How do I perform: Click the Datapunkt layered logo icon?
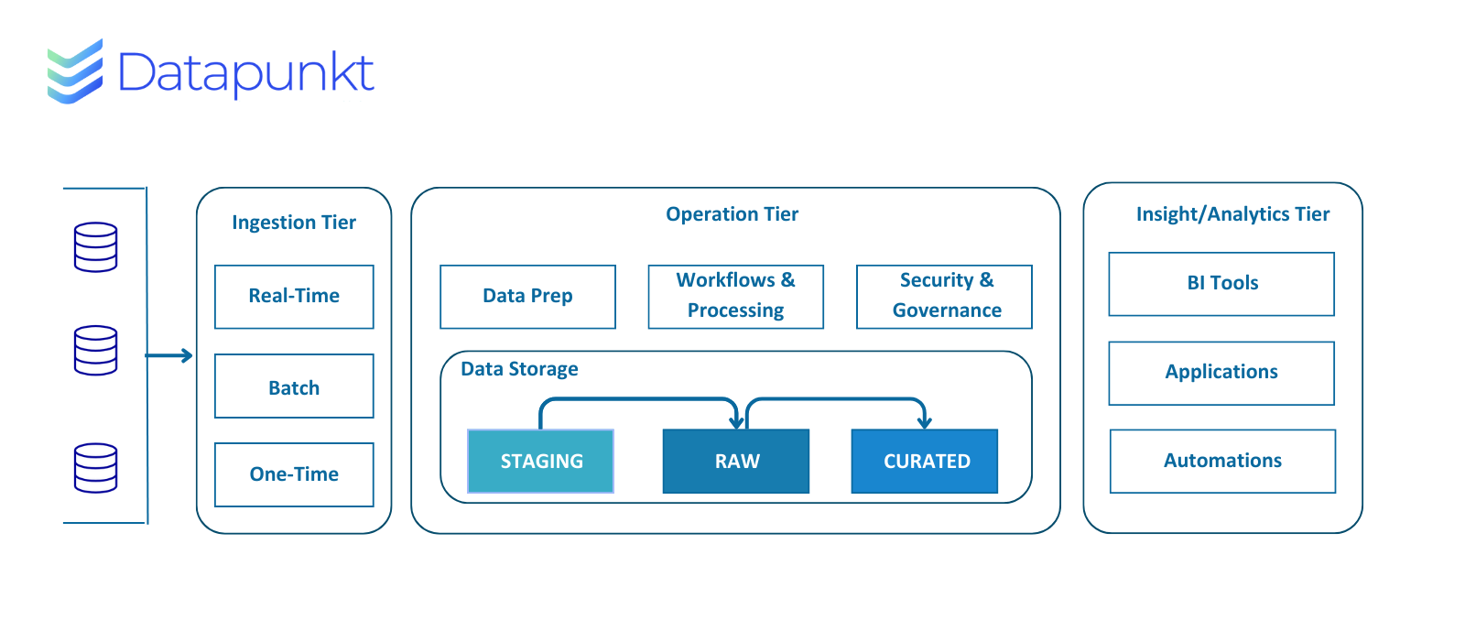pos(75,71)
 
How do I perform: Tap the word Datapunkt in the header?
pos(246,74)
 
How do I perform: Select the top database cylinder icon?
pos(95,247)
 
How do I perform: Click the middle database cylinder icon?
pos(95,351)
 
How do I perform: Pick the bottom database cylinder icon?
pos(95,468)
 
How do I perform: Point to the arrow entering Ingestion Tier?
pos(168,355)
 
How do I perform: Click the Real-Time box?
pos(294,296)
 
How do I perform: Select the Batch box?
pos(294,386)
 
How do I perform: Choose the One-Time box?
pos(294,474)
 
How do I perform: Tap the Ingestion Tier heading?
pos(294,223)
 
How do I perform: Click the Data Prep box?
pos(527,296)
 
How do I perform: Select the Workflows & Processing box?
pos(736,296)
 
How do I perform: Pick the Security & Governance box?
pos(944,296)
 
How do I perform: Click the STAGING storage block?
pos(541,461)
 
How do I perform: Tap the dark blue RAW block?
pos(736,461)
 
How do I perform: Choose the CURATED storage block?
pos(925,461)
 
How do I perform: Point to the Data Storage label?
pos(519,369)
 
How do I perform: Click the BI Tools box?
pos(1221,284)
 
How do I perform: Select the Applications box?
pos(1221,373)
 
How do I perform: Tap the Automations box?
pos(1223,461)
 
